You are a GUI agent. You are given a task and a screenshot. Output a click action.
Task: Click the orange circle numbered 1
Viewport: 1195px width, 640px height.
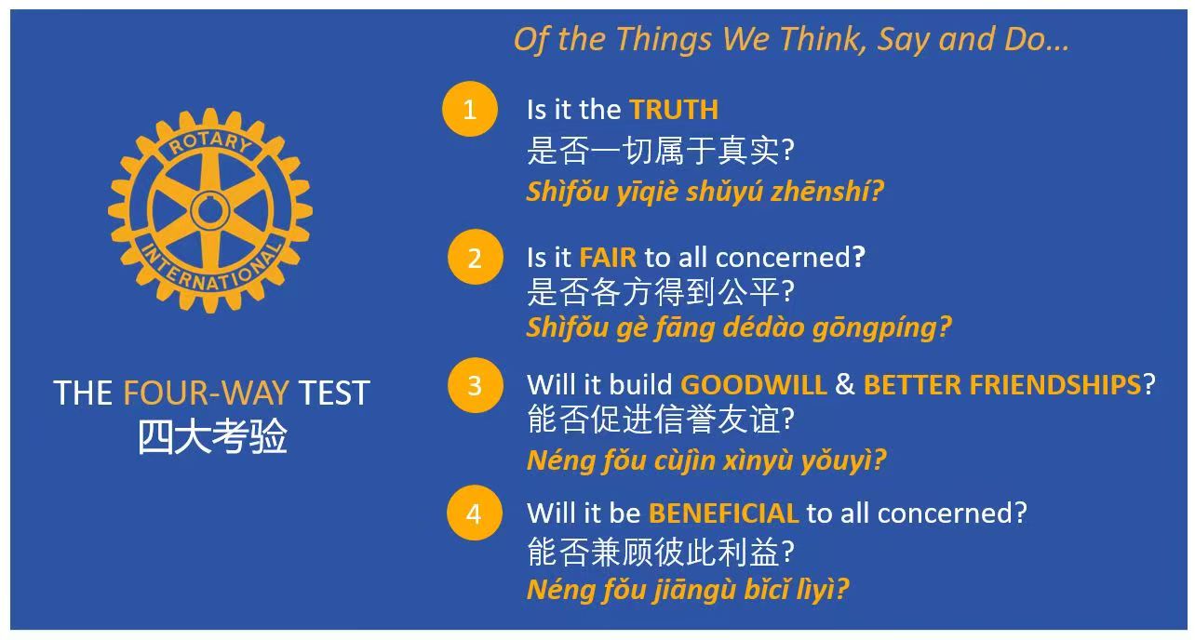[x=470, y=109]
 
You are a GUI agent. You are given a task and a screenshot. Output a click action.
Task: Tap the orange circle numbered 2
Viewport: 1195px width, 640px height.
[x=475, y=257]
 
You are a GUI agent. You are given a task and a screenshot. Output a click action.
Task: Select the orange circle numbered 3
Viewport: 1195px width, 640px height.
[x=475, y=385]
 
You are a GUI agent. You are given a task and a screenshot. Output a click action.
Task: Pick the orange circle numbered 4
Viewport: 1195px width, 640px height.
[x=475, y=513]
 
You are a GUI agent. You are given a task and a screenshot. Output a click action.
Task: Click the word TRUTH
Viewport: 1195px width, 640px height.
[x=674, y=110]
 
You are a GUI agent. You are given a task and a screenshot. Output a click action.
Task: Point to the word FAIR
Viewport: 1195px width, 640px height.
[x=608, y=258]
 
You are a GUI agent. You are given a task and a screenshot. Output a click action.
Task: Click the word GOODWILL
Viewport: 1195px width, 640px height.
[x=753, y=384]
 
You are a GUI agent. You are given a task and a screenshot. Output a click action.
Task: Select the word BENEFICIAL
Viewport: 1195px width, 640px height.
[x=723, y=513]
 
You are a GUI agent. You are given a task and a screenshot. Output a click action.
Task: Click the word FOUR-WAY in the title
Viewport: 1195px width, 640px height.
[x=207, y=393]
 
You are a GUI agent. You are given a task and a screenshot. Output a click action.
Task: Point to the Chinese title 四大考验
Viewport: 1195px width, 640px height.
[x=212, y=437]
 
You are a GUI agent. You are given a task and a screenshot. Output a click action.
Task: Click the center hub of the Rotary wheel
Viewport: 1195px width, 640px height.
[x=209, y=210]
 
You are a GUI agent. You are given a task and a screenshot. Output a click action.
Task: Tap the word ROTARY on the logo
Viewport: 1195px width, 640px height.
[x=210, y=142]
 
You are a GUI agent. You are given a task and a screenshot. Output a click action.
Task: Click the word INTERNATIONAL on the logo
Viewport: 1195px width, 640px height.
[x=210, y=267]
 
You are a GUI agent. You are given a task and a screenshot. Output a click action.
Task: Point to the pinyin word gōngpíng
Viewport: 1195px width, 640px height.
[x=881, y=327]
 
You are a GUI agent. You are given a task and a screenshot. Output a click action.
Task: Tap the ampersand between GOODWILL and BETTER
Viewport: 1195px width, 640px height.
[x=844, y=384]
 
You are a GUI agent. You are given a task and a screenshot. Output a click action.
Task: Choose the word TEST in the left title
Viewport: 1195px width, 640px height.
[x=333, y=393]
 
